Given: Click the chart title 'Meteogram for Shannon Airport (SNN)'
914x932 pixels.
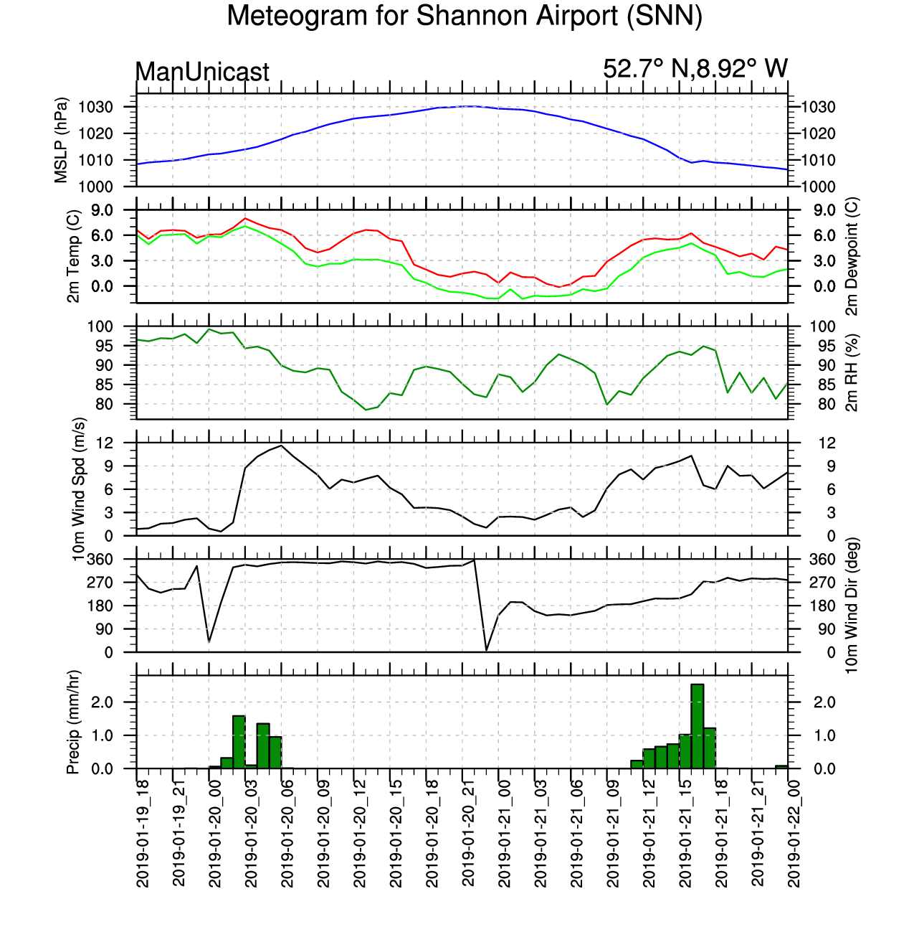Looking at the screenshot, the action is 465,16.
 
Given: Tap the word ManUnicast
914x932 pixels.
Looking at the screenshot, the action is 202,72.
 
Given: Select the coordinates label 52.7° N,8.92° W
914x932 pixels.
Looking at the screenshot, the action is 695,69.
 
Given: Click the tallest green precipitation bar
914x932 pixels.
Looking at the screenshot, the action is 697,726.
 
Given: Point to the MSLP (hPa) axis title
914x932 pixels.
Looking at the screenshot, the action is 61,140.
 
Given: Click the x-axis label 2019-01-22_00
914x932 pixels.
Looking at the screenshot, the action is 793,833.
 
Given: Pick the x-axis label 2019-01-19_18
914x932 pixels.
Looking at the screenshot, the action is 143,833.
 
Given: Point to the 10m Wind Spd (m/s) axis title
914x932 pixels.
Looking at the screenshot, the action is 79,489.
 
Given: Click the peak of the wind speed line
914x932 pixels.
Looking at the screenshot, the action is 281,446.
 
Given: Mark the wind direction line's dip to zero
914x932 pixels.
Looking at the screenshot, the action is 486,651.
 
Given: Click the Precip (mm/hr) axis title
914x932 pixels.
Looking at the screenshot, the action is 73,722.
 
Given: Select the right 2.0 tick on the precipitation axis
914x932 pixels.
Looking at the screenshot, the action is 824,702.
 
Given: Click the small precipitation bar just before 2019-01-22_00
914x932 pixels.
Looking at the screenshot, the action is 781,767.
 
